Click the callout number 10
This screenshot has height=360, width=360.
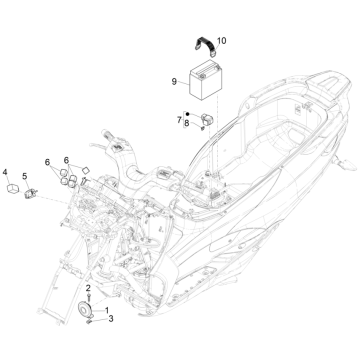click(x=222, y=40)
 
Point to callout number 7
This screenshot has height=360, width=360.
click(x=179, y=120)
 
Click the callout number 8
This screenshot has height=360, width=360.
click(x=185, y=125)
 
